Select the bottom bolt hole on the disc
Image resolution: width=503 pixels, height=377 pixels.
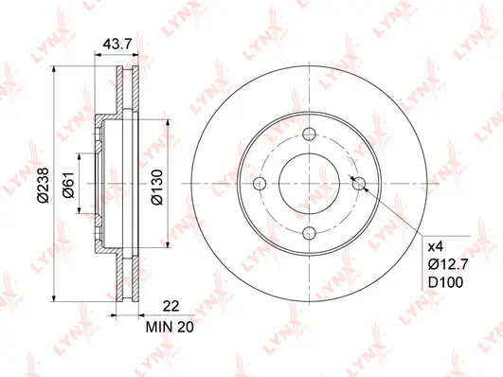pos(307,233)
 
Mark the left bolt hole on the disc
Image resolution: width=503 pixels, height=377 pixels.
pos(258,183)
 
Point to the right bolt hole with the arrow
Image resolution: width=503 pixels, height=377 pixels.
pos(357,183)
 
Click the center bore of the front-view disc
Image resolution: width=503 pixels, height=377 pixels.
pos(307,183)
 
